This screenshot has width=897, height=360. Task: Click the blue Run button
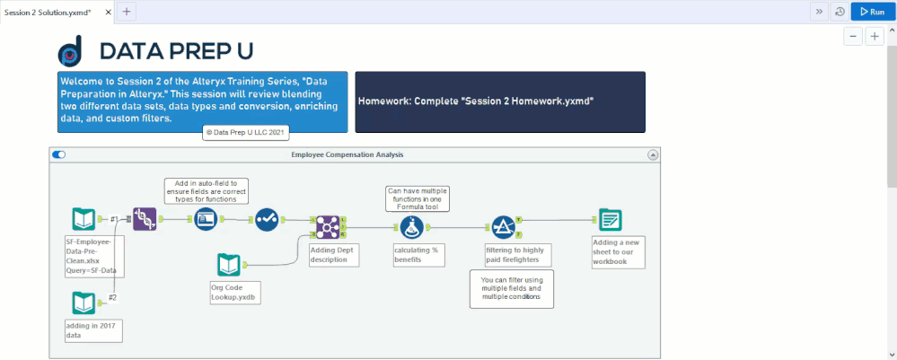pyautogui.click(x=873, y=12)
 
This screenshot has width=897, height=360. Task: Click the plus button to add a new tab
pyautogui.click(x=127, y=12)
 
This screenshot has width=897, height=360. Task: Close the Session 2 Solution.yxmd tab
pyautogui.click(x=107, y=12)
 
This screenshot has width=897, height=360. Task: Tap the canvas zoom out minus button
pyautogui.click(x=853, y=37)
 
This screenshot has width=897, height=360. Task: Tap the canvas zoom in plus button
pyautogui.click(x=875, y=37)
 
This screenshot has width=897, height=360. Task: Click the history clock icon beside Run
pyautogui.click(x=840, y=12)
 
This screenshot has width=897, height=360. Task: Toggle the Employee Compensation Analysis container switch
pyautogui.click(x=59, y=154)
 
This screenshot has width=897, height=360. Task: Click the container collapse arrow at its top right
pyautogui.click(x=653, y=155)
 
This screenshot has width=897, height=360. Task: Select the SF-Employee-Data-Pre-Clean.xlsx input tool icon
pyautogui.click(x=84, y=219)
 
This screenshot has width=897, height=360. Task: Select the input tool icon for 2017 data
pyautogui.click(x=84, y=303)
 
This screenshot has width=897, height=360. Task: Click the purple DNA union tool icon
pyautogui.click(x=145, y=219)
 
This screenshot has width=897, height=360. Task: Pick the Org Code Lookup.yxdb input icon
pyautogui.click(x=229, y=265)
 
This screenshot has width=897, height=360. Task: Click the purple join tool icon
pyautogui.click(x=328, y=227)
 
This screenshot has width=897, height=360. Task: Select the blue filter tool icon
pyautogui.click(x=504, y=227)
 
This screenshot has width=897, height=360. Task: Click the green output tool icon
pyautogui.click(x=611, y=219)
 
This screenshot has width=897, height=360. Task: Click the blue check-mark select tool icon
pyautogui.click(x=267, y=219)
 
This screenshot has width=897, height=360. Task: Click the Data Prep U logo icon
pyautogui.click(x=70, y=51)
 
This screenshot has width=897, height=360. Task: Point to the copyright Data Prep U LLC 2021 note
pyautogui.click(x=246, y=132)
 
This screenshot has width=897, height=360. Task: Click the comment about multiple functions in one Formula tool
pyautogui.click(x=418, y=198)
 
